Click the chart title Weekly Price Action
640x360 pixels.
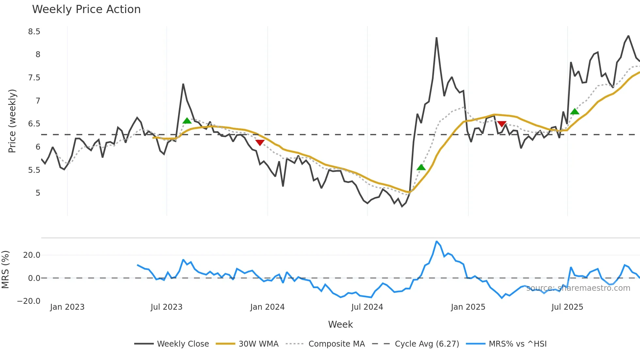click(86, 9)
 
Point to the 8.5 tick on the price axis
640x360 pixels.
click(34, 32)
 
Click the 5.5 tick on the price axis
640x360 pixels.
click(34, 170)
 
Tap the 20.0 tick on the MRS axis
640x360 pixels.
click(32, 255)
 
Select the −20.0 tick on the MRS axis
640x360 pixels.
click(29, 301)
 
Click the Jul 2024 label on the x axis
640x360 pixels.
click(367, 307)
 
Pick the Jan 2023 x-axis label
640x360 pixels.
click(67, 307)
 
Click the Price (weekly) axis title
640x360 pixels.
click(12, 121)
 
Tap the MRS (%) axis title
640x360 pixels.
click(6, 270)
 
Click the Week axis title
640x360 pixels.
click(340, 324)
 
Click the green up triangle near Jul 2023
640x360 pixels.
click(187, 121)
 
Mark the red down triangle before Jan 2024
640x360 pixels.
click(260, 142)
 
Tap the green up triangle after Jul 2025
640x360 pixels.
click(575, 112)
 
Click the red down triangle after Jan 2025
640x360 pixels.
click(502, 124)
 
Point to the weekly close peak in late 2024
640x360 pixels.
click(437, 38)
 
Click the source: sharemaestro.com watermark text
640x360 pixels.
click(578, 288)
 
